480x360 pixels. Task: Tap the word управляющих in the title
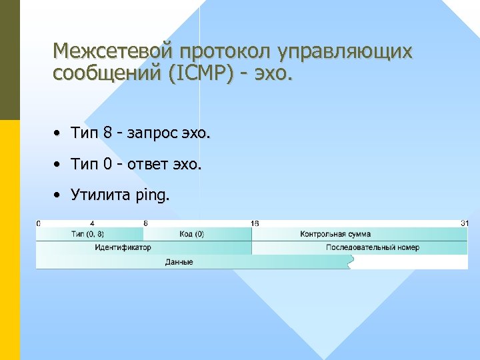349,51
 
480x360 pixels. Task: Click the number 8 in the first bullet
107,134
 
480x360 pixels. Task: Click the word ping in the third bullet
153,195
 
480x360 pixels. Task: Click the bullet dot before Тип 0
59,165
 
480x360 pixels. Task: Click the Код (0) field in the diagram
191,234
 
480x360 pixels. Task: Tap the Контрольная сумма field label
335,234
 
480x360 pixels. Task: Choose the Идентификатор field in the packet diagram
123,247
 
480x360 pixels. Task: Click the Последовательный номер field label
373,247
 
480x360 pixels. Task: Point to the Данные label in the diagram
179,262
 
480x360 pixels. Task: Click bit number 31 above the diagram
464,223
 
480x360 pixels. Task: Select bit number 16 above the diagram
255,223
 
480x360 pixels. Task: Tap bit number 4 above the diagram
92,223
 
